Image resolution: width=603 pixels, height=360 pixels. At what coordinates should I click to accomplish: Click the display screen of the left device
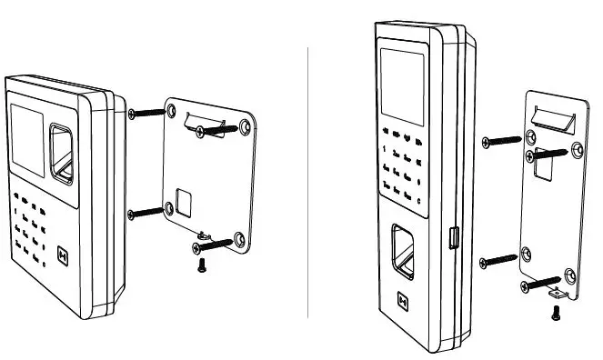(27, 136)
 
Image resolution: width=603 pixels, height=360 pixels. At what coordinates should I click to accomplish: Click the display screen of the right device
(399, 86)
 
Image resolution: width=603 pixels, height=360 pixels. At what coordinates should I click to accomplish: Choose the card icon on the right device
(405, 299)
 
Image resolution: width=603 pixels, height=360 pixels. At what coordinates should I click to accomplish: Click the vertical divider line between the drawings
(309, 182)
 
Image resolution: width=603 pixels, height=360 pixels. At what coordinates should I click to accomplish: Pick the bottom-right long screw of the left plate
(215, 244)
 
